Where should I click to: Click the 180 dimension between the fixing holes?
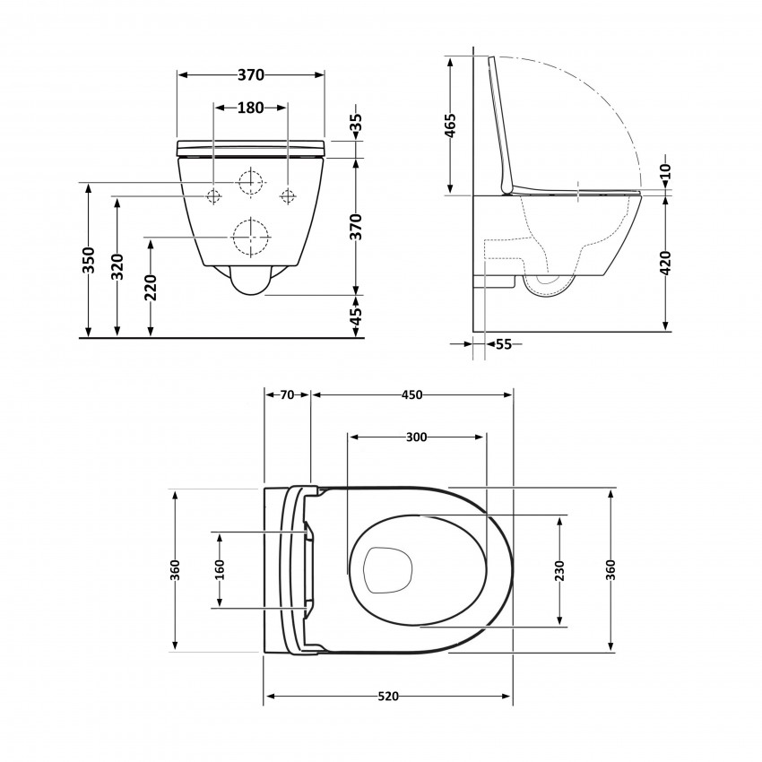tap(250, 108)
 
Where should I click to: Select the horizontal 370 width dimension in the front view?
tap(250, 76)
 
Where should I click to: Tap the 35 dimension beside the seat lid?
tap(356, 125)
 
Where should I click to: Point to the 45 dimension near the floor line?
tap(356, 316)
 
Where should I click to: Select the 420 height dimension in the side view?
tap(665, 262)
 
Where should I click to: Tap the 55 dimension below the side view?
tap(503, 343)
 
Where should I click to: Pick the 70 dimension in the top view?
tap(287, 394)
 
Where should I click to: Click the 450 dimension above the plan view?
tap(411, 394)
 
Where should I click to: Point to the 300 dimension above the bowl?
tap(416, 437)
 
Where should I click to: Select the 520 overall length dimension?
tap(387, 697)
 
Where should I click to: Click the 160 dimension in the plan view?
tap(220, 569)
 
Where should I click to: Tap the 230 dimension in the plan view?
tap(559, 569)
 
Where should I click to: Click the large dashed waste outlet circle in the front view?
tap(251, 238)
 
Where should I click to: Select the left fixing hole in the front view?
tap(214, 195)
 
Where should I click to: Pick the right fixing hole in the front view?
tap(288, 195)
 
